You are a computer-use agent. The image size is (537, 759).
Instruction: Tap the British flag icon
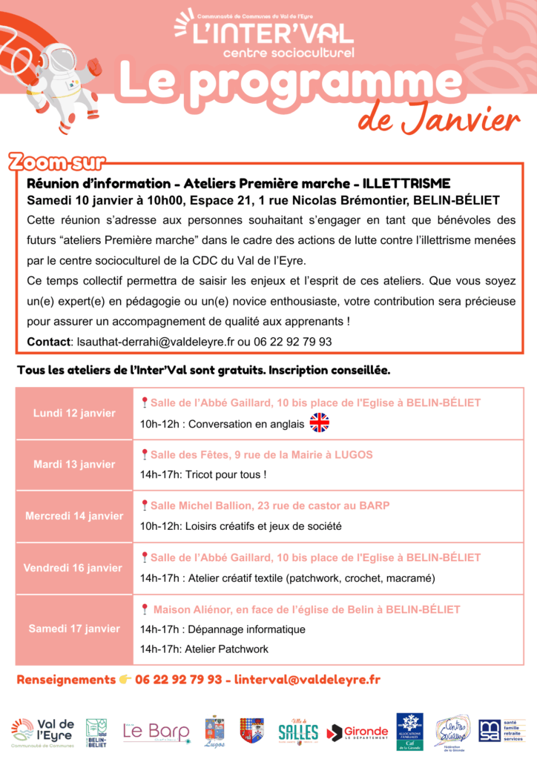(319, 423)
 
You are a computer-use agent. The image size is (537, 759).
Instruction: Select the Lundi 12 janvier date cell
(74, 413)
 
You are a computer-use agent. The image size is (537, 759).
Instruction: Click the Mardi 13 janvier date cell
(74, 465)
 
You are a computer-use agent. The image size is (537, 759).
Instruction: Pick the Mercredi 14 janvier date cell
(74, 516)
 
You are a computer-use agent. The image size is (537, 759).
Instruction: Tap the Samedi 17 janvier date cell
(74, 629)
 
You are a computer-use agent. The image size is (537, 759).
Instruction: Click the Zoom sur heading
(56, 162)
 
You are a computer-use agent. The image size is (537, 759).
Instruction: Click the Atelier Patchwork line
(204, 649)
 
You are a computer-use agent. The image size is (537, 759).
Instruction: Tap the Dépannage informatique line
(223, 629)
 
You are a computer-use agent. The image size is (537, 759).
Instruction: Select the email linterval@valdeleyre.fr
(307, 679)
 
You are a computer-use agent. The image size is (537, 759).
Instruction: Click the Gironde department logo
(358, 732)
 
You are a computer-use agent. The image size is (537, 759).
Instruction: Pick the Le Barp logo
(156, 732)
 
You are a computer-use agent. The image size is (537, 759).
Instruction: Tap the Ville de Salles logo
(298, 732)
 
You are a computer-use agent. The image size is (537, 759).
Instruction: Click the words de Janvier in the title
(438, 119)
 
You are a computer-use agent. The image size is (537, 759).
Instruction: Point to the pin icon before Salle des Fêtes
(144, 454)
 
